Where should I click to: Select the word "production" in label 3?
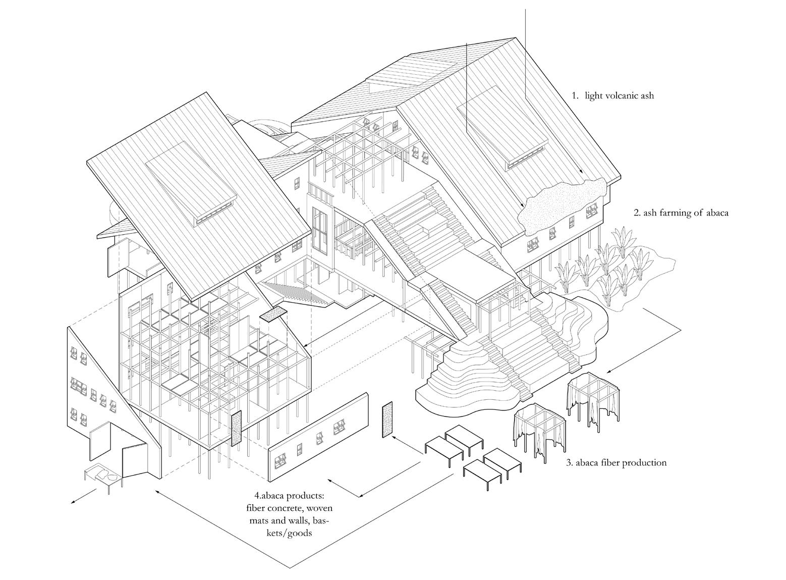pyautogui.click(x=643, y=462)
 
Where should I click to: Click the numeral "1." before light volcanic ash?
pyautogui.click(x=575, y=95)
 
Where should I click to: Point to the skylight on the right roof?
pyautogui.click(x=502, y=131)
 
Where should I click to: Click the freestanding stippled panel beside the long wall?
pyautogui.click(x=387, y=419)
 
